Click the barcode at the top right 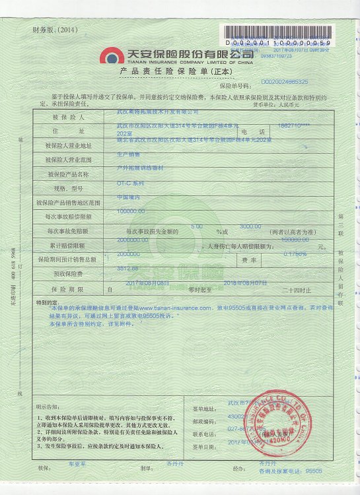278,32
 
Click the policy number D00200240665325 285,82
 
